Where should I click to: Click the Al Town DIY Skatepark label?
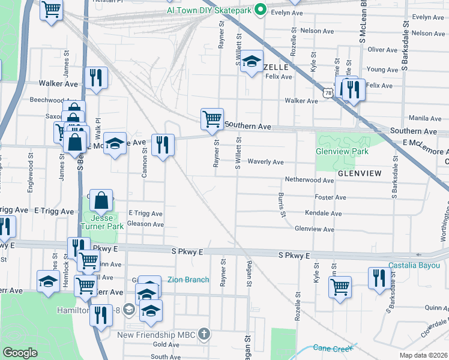[209, 10]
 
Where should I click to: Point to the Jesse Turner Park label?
[103, 221]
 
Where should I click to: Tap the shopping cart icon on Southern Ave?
[212, 119]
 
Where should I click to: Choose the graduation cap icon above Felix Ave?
[252, 61]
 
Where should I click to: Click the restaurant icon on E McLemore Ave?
[162, 144]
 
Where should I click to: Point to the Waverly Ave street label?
[265, 162]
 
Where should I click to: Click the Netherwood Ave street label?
[309, 180]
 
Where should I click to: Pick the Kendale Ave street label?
[323, 213]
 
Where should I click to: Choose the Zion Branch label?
[188, 280]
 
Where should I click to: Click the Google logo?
[20, 353]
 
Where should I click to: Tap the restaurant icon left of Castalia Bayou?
[378, 278]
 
